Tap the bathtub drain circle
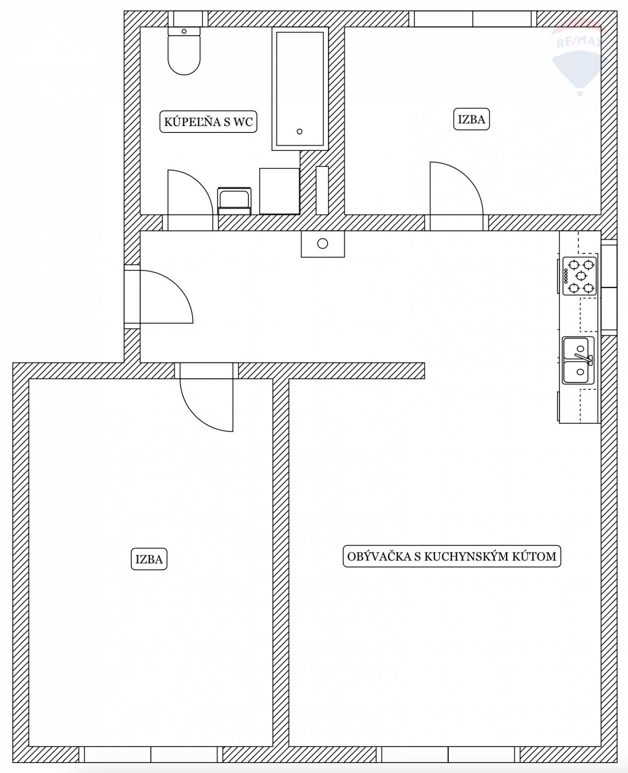coord(299,132)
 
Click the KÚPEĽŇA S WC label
coord(208,121)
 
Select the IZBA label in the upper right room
coord(471,119)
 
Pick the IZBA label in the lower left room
coord(149,559)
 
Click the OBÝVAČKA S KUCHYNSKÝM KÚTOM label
coord(452,556)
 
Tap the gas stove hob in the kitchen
coord(579,276)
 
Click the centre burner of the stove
coord(581,276)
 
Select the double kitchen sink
coord(578,360)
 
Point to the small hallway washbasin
coord(323,244)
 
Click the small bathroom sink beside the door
coord(234,200)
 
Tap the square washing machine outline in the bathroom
coord(279,191)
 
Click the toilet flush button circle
coord(184,31)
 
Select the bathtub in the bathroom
coord(300,89)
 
